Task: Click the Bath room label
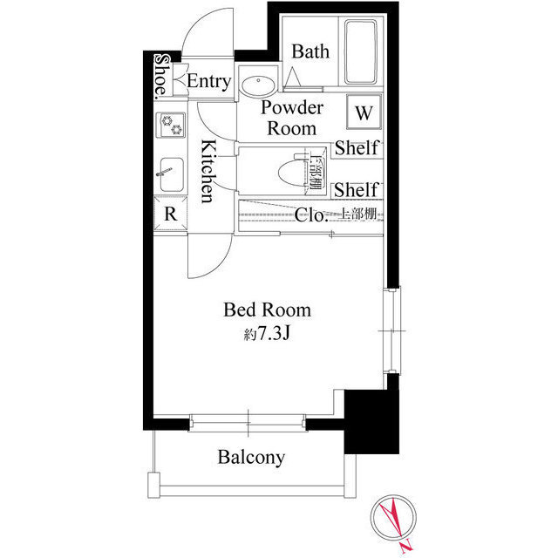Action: coord(310,51)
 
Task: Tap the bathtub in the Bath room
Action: coord(360,52)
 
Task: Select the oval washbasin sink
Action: coord(258,85)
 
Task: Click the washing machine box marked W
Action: coord(364,112)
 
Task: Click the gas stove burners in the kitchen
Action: coord(172,125)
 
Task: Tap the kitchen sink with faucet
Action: coord(171,174)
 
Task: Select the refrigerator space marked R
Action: coord(171,214)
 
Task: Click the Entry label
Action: coord(209,81)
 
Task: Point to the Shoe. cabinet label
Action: coord(161,76)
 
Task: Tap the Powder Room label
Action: coord(292,118)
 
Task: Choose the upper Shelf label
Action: coord(356,147)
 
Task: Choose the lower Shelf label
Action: coord(356,190)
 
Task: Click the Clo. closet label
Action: coord(310,215)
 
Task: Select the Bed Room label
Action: coord(267,310)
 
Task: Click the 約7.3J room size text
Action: coord(267,333)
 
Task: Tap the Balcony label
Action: coord(251,457)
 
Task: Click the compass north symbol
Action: coord(393,518)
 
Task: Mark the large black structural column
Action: coord(371,422)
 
